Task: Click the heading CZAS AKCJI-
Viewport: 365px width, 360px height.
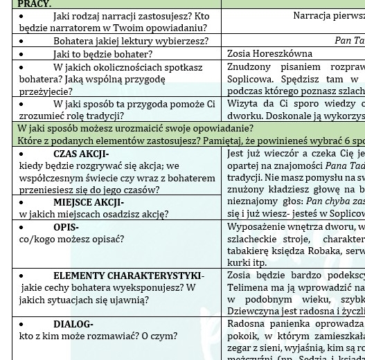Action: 81,154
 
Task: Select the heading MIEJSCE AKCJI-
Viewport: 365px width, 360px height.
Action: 89,202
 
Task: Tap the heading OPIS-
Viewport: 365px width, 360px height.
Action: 66,227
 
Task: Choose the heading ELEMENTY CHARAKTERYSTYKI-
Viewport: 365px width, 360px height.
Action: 129,276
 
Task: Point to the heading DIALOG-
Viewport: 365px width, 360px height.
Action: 73,324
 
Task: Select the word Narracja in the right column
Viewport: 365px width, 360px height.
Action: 314,15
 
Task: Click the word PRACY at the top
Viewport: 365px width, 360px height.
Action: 34,4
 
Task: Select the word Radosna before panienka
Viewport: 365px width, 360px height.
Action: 247,324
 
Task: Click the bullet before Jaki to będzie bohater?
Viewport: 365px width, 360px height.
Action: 21,53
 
